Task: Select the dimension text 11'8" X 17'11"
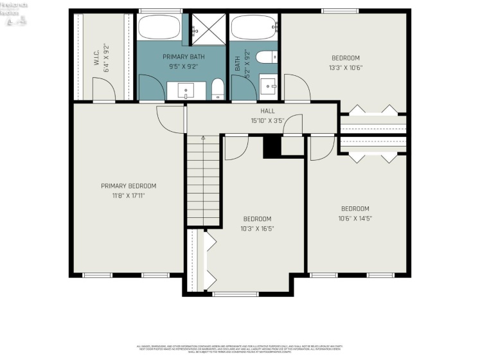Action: (x=129, y=195)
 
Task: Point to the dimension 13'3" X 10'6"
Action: (x=346, y=67)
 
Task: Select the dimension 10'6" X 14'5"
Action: (x=355, y=218)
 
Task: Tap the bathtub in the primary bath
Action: (x=159, y=28)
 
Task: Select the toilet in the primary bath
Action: (x=218, y=87)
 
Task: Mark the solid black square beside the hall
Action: (x=272, y=147)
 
